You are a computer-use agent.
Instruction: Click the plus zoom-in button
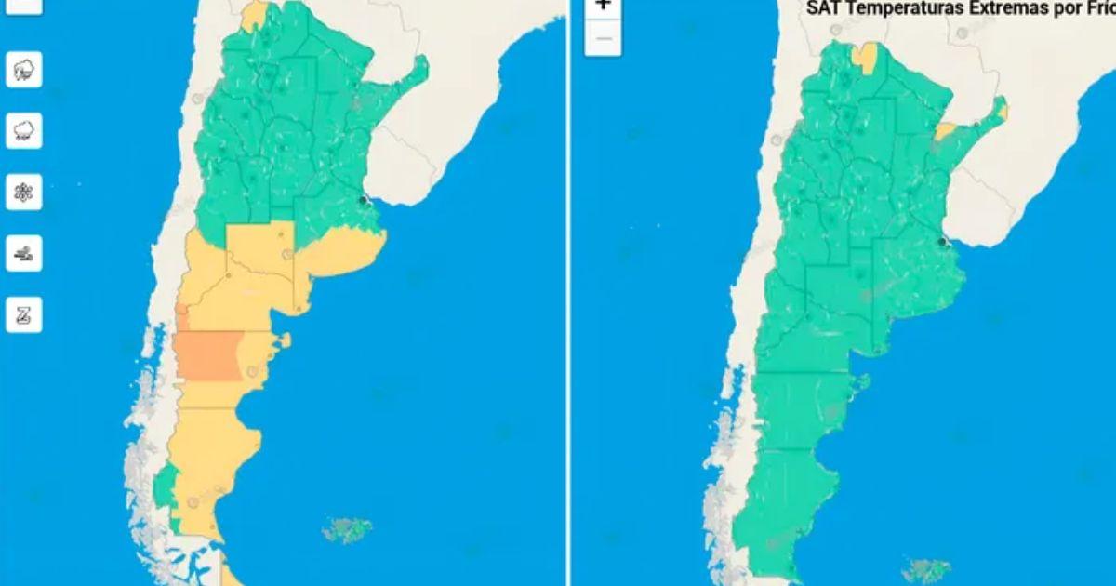click(x=603, y=6)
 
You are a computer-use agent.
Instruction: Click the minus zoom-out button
click(x=603, y=38)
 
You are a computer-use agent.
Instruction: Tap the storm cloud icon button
click(x=23, y=70)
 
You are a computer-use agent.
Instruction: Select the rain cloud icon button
click(x=23, y=131)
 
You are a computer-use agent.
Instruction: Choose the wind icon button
click(x=23, y=253)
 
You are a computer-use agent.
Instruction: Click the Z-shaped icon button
click(x=23, y=315)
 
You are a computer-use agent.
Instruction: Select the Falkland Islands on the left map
click(x=347, y=530)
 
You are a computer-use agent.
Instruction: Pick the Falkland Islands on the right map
click(x=926, y=569)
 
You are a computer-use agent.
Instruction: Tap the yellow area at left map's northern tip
click(x=253, y=15)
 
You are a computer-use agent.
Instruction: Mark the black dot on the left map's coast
click(x=364, y=200)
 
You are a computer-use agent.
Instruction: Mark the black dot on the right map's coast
click(x=942, y=242)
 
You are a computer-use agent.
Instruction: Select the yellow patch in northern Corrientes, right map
click(x=945, y=131)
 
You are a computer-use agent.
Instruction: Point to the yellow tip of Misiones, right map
click(x=1002, y=113)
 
